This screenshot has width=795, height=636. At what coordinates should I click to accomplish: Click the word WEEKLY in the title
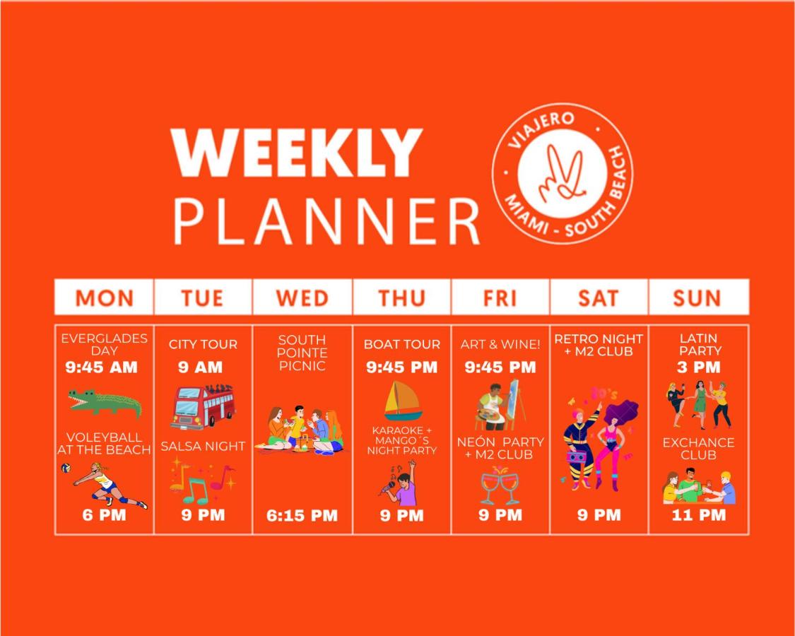297,152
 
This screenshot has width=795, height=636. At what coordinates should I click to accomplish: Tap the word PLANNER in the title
327,221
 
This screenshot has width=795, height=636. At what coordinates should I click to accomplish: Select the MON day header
105,298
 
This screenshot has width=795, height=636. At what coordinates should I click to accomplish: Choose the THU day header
401,298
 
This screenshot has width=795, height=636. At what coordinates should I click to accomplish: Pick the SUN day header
697,298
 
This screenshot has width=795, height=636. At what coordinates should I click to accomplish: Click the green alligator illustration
105,404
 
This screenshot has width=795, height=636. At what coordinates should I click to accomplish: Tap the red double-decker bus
203,407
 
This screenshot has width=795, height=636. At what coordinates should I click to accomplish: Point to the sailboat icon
402,401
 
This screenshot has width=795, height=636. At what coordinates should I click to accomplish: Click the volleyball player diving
105,484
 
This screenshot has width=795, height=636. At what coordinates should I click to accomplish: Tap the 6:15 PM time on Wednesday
302,516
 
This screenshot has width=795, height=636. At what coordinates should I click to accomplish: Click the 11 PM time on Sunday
699,515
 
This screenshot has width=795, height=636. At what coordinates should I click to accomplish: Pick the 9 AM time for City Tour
200,367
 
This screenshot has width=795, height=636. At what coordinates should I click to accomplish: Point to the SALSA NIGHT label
203,447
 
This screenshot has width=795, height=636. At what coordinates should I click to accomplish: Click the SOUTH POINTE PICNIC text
302,353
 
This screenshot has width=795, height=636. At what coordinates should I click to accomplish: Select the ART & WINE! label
500,344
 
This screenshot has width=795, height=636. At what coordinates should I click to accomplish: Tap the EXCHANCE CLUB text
698,449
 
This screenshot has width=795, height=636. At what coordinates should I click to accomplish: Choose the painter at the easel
500,404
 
